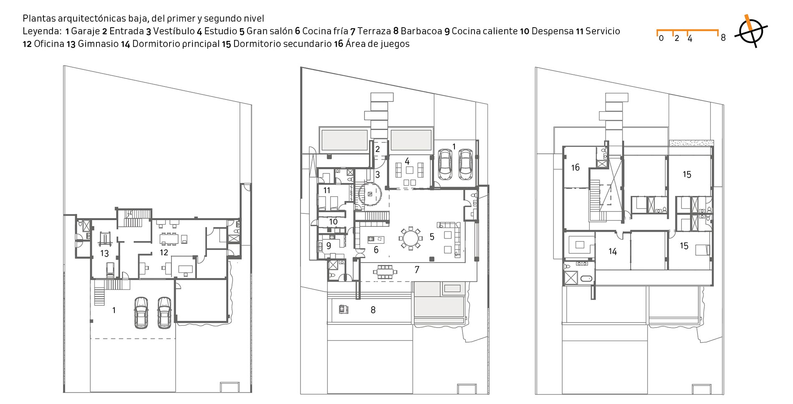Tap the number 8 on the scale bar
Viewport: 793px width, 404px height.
click(x=723, y=38)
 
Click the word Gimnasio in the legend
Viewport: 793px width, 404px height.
click(x=98, y=44)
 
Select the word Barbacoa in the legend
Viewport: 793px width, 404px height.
click(x=421, y=31)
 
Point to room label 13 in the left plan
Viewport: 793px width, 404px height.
click(x=104, y=253)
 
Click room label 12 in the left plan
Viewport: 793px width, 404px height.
click(x=164, y=252)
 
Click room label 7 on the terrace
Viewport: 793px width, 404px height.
click(x=417, y=270)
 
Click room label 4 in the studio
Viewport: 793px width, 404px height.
click(x=407, y=161)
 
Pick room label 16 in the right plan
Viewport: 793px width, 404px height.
click(x=575, y=168)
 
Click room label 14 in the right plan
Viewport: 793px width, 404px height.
click(x=612, y=252)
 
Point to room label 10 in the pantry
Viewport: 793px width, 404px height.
click(x=333, y=221)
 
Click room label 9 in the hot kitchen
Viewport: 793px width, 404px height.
click(x=329, y=246)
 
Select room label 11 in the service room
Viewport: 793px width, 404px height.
click(x=327, y=191)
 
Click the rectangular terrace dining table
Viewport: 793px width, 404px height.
click(x=386, y=271)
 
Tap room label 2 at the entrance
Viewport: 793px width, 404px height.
click(x=377, y=149)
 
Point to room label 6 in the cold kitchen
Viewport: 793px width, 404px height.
click(x=376, y=250)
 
